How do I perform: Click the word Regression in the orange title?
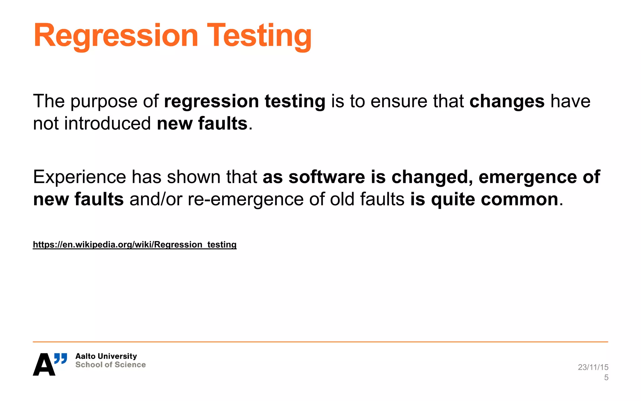coord(116,36)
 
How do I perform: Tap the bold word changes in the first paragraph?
coord(507,102)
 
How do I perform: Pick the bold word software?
coord(327,177)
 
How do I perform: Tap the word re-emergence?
coord(245,200)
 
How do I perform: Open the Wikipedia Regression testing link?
coord(135,244)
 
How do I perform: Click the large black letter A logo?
coord(44,365)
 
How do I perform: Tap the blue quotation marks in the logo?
coord(61,358)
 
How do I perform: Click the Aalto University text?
coord(106,356)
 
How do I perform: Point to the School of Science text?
coord(110,365)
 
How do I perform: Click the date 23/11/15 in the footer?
coord(593,367)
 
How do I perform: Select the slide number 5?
coord(606,378)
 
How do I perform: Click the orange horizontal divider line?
coord(320,342)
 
